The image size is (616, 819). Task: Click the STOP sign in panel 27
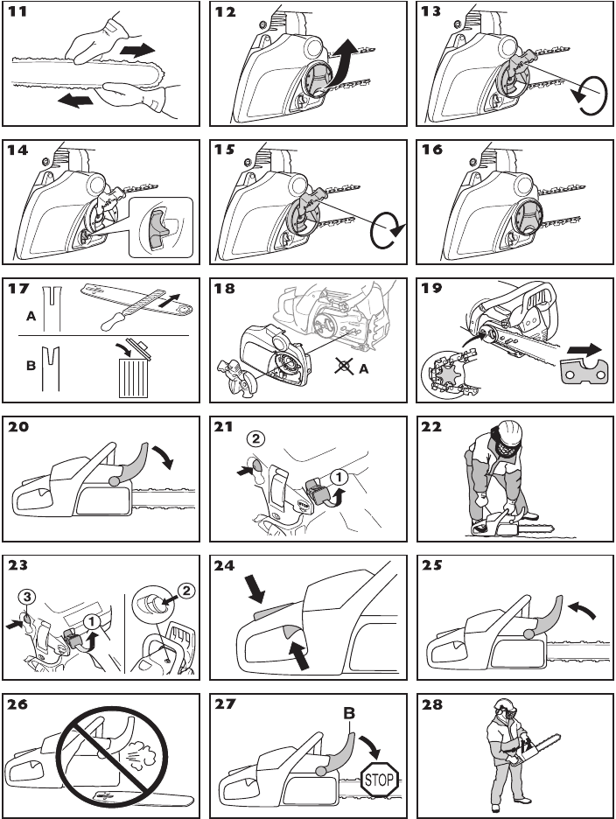point(379,775)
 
